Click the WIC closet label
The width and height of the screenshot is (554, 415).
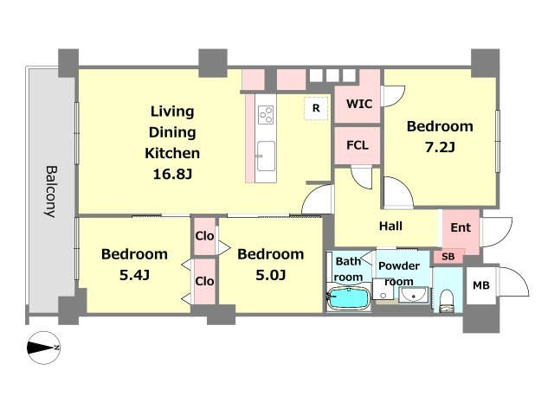pyautogui.click(x=359, y=104)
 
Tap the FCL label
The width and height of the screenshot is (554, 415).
pyautogui.click(x=358, y=145)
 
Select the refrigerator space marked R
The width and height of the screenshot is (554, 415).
pyautogui.click(x=316, y=108)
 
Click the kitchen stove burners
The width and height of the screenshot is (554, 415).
pyautogui.click(x=266, y=115)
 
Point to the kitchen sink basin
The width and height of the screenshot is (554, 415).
pyautogui.click(x=266, y=156)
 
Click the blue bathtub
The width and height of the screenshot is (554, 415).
pyautogui.click(x=348, y=298)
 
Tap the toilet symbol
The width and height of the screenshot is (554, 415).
pyautogui.click(x=448, y=301)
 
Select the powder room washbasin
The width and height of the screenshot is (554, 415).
pyautogui.click(x=414, y=295)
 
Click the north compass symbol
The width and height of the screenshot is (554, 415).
pyautogui.click(x=44, y=348)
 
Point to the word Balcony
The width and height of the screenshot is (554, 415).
pyautogui.click(x=51, y=192)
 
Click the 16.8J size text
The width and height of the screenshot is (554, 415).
pyautogui.click(x=172, y=174)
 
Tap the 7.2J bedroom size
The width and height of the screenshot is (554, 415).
pyautogui.click(x=440, y=147)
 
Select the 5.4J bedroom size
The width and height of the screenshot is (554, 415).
pyautogui.click(x=134, y=275)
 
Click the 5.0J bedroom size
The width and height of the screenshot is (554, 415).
pyautogui.click(x=270, y=275)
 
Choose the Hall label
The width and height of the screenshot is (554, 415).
pyautogui.click(x=390, y=226)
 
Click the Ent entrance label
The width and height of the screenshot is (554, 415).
pyautogui.click(x=461, y=227)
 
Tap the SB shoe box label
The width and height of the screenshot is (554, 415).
pyautogui.click(x=448, y=256)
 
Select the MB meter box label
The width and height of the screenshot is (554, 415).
pyautogui.click(x=481, y=285)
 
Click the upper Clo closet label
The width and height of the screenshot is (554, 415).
pyautogui.click(x=204, y=236)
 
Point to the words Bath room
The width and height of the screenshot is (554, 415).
pyautogui.click(x=348, y=269)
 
